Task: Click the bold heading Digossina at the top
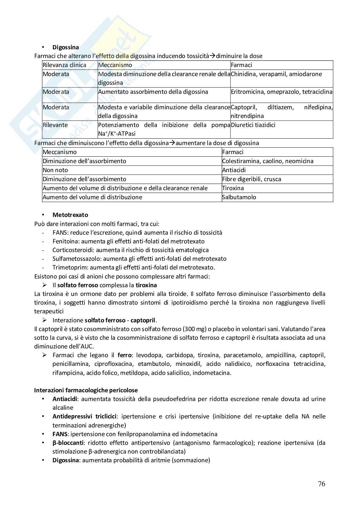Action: click(x=65, y=47)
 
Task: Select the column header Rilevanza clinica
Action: click(x=64, y=65)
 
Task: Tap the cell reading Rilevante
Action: click(x=55, y=125)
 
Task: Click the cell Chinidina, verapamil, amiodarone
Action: click(x=276, y=74)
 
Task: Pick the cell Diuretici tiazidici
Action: click(x=253, y=125)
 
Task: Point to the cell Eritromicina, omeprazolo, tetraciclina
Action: click(x=281, y=92)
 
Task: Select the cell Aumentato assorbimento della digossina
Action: click(x=153, y=92)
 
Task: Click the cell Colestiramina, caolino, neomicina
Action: click(x=268, y=161)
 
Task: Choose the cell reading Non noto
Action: click(x=55, y=170)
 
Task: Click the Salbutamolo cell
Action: click(x=239, y=197)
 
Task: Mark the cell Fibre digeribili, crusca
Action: click(x=251, y=179)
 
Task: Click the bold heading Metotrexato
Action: click(x=70, y=215)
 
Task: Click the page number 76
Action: click(x=321, y=484)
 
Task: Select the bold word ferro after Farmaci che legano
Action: click(x=124, y=355)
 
